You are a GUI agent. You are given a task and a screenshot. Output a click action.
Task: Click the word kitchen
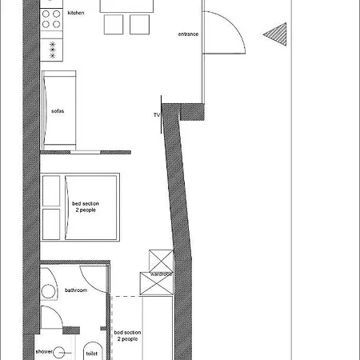[76, 13]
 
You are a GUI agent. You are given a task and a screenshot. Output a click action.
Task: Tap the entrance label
[188, 34]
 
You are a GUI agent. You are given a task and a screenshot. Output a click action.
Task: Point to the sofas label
[58, 111]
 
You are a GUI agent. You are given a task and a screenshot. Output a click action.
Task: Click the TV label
[157, 115]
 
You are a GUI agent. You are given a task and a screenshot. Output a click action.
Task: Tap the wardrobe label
[161, 274]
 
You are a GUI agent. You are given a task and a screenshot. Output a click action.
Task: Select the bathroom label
[76, 290]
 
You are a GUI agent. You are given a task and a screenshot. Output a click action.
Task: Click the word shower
[44, 351]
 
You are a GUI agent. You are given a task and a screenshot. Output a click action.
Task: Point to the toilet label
[92, 354]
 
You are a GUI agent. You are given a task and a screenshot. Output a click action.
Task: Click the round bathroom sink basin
[48, 291]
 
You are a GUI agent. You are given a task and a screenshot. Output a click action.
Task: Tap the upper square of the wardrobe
[161, 261]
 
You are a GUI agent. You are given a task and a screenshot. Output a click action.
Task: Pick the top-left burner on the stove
[46, 14]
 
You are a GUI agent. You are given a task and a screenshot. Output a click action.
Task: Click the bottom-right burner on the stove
[56, 25]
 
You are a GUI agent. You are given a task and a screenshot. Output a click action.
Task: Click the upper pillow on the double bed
[51, 191]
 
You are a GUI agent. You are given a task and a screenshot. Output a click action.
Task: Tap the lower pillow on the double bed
[51, 224]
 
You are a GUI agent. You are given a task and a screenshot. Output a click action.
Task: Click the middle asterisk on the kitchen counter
[53, 50]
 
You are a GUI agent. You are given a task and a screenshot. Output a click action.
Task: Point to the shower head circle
[58, 353]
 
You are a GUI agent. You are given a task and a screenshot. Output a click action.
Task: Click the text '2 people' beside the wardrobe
[127, 339]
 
